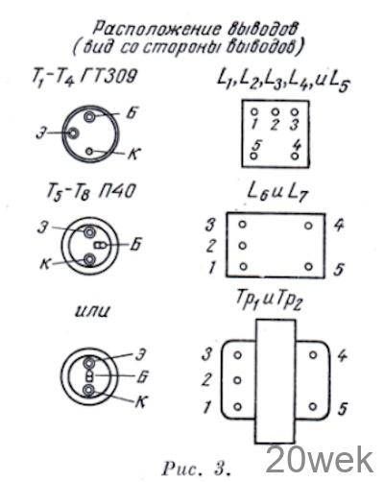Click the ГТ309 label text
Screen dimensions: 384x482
pos(108,77)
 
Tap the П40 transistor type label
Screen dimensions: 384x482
pos(116,191)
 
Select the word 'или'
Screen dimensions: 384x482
pos(92,310)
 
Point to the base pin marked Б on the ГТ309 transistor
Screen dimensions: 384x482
pos(89,117)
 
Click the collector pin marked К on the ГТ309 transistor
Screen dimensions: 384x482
pos(89,151)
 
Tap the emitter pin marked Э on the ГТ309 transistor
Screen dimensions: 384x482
pos(73,133)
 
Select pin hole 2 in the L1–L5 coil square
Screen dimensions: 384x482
pos(275,112)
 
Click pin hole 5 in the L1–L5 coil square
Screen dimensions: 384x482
pos(254,157)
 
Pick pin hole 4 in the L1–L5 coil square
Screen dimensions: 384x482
pos(295,157)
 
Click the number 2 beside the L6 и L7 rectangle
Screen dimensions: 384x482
pos(211,246)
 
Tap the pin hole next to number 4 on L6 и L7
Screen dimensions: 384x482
pos(308,226)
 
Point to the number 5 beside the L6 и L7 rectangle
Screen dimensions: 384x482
pos(339,268)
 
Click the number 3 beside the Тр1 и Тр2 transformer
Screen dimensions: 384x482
pos(207,354)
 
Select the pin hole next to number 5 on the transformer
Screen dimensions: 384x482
pos(313,407)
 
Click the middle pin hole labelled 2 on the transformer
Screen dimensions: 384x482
pos(237,380)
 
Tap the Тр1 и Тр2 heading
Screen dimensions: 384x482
pos(269,301)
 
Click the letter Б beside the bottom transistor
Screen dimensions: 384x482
pos(142,377)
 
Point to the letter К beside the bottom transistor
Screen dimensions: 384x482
pos(141,402)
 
